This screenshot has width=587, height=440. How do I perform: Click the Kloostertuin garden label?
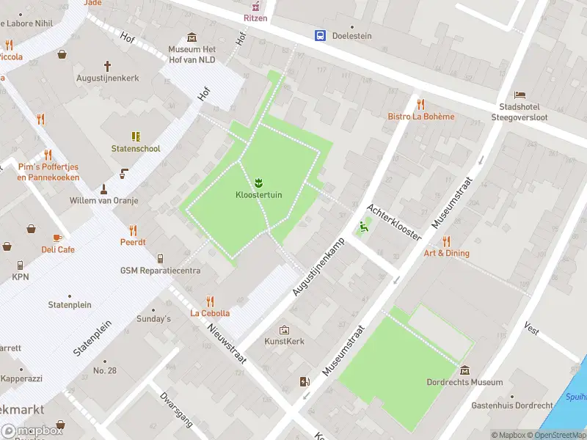pos(258,194)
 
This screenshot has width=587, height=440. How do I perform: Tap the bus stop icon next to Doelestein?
pos(321,35)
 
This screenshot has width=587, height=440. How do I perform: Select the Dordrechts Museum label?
pos(464,382)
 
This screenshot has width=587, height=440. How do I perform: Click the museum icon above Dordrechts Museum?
pos(464,369)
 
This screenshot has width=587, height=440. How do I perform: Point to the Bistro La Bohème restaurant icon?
pos(420,103)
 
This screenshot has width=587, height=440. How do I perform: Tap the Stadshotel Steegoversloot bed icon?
pos(520,95)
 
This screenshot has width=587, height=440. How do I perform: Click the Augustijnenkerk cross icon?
pos(107,65)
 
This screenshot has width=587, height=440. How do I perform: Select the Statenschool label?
pos(136,149)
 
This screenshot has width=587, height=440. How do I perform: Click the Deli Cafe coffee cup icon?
pos(58,237)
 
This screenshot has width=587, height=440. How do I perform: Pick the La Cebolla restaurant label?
pos(210,313)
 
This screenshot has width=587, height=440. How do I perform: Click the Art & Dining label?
pos(446,253)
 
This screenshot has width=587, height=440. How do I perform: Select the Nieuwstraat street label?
pos(225,345)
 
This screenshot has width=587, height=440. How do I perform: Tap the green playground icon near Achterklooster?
pos(362,227)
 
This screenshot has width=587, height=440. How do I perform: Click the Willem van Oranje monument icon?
pos(103,188)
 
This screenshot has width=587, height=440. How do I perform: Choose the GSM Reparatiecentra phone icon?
pos(160,258)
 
